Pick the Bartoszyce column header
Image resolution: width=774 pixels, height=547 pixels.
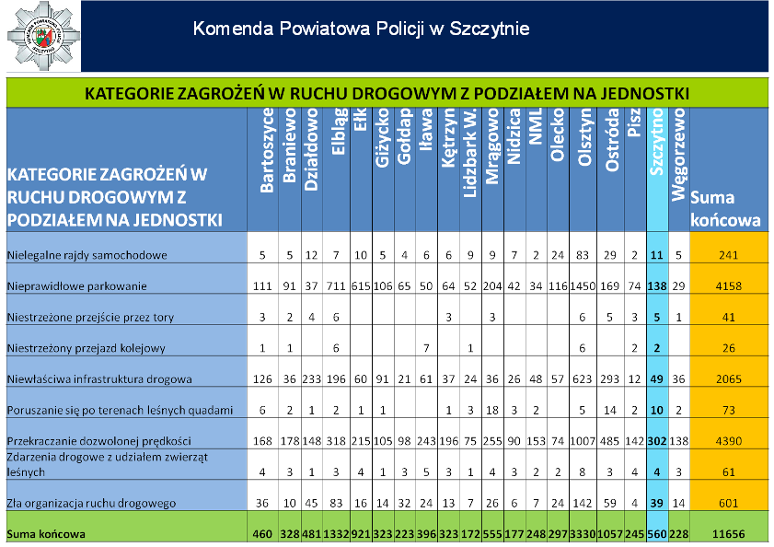267,151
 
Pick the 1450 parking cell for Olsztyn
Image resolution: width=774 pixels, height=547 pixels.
583,286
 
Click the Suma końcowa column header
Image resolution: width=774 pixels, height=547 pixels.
726,209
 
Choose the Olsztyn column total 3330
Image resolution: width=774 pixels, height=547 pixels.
583,534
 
